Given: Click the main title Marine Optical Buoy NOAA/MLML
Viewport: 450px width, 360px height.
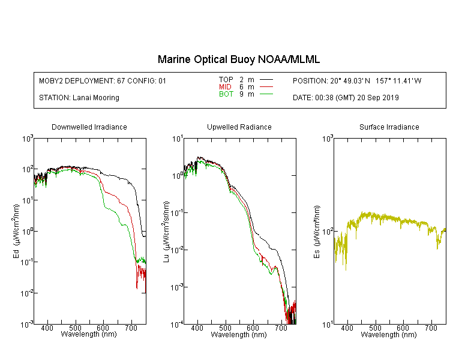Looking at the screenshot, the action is (x=238, y=59).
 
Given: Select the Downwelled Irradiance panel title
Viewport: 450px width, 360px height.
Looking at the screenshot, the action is (x=89, y=127).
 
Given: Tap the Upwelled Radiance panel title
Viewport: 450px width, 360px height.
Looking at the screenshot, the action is (x=239, y=127).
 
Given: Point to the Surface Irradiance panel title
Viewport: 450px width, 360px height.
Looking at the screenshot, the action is (x=389, y=127).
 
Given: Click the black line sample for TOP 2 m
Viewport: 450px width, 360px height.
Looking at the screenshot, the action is (x=266, y=80).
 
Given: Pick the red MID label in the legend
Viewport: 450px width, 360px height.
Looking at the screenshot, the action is (x=225, y=86).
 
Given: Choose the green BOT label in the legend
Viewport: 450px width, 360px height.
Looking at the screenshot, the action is (x=226, y=94).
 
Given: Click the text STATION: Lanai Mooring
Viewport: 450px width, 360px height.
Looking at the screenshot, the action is (x=79, y=98).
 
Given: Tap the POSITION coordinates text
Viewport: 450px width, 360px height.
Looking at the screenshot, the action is (x=357, y=80).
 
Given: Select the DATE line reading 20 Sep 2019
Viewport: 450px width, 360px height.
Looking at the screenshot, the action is (x=346, y=98).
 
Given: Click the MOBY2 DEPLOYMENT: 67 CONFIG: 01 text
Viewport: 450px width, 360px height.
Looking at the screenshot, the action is (x=103, y=80).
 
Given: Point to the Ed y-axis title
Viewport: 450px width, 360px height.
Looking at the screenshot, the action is (x=16, y=232).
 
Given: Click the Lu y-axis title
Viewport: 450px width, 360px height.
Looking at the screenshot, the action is (x=166, y=232).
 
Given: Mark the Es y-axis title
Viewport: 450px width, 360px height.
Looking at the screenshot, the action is (x=317, y=232).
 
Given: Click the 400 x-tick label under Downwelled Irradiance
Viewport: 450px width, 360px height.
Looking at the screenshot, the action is (x=47, y=328).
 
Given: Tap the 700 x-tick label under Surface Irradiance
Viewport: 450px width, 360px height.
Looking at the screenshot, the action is (x=431, y=328).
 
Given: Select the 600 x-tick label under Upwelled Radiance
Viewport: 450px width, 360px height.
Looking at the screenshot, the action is (x=253, y=328).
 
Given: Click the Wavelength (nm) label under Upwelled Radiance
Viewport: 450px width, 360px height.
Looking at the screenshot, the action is (x=239, y=334).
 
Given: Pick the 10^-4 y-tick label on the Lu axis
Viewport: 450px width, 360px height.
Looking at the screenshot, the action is (x=177, y=324).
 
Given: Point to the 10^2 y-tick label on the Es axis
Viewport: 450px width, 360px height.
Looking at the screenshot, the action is (x=328, y=231).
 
